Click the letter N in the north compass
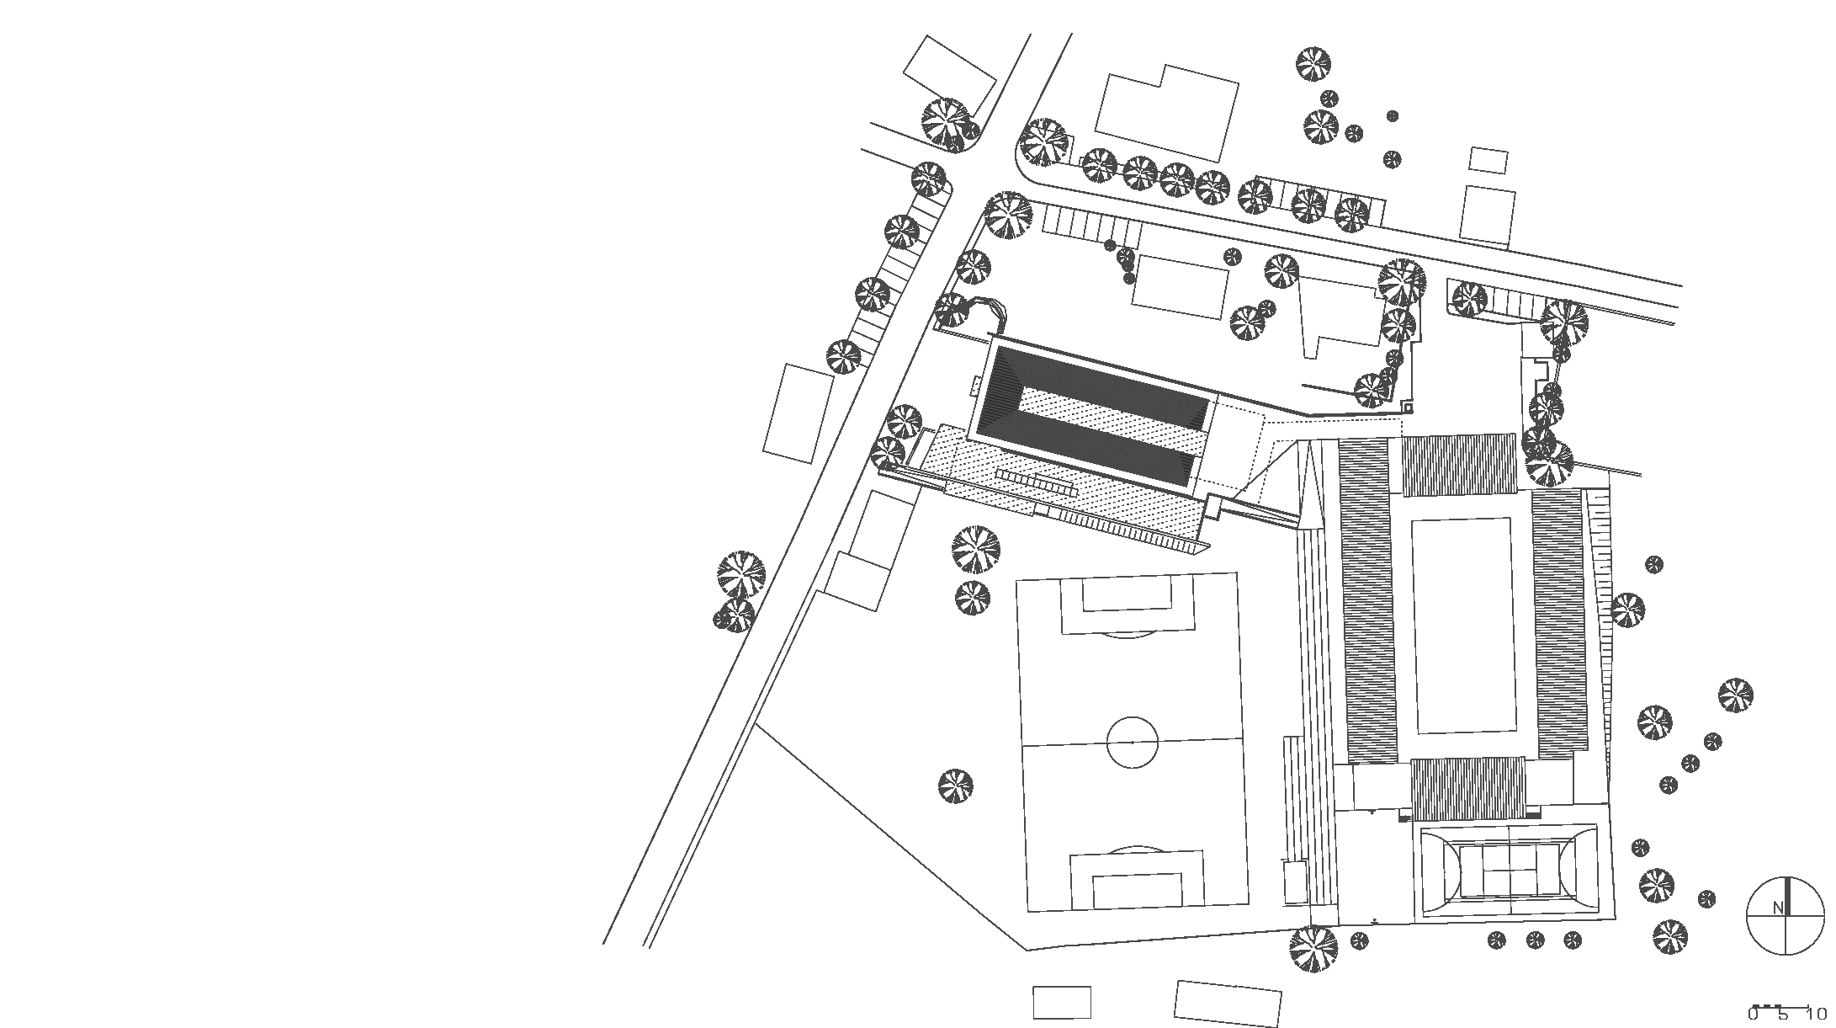(1777, 908)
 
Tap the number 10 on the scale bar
(1815, 1015)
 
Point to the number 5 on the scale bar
(1782, 1015)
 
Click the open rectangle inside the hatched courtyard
(1466, 626)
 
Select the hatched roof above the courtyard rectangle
(1459, 464)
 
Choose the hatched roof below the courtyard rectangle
(1467, 789)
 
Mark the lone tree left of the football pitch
(955, 786)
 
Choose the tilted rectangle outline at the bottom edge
(1228, 1004)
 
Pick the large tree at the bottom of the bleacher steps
(1313, 949)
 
